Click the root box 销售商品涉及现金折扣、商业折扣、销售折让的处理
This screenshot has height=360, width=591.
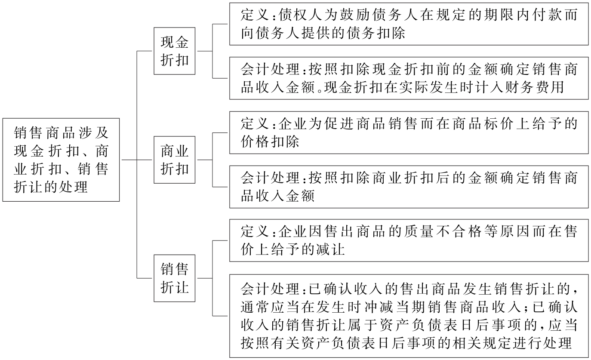click(61, 160)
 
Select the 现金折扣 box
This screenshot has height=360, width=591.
click(174, 51)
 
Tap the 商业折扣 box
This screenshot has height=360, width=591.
click(174, 160)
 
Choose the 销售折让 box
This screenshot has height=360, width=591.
click(174, 278)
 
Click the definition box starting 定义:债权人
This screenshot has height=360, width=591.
click(408, 24)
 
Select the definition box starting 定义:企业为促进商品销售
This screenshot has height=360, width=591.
click(408, 133)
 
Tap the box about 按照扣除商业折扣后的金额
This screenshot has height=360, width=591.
click(408, 187)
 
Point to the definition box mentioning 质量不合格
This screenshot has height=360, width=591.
click(408, 241)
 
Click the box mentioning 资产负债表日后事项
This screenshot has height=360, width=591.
click(408, 315)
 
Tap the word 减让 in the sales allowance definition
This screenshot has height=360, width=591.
click(331, 250)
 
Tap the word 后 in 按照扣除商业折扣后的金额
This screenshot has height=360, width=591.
click(432, 178)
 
